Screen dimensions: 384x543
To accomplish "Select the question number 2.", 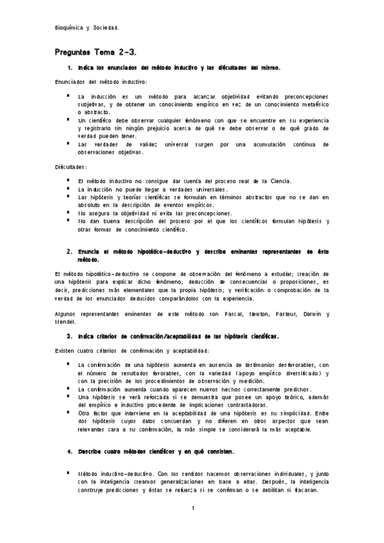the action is [69, 252].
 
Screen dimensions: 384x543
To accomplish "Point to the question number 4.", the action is [69, 451].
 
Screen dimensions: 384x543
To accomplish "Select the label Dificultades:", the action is [71, 167].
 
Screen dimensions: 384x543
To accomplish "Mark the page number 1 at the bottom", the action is [192, 508].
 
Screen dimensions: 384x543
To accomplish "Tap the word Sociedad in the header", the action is [106, 28].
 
